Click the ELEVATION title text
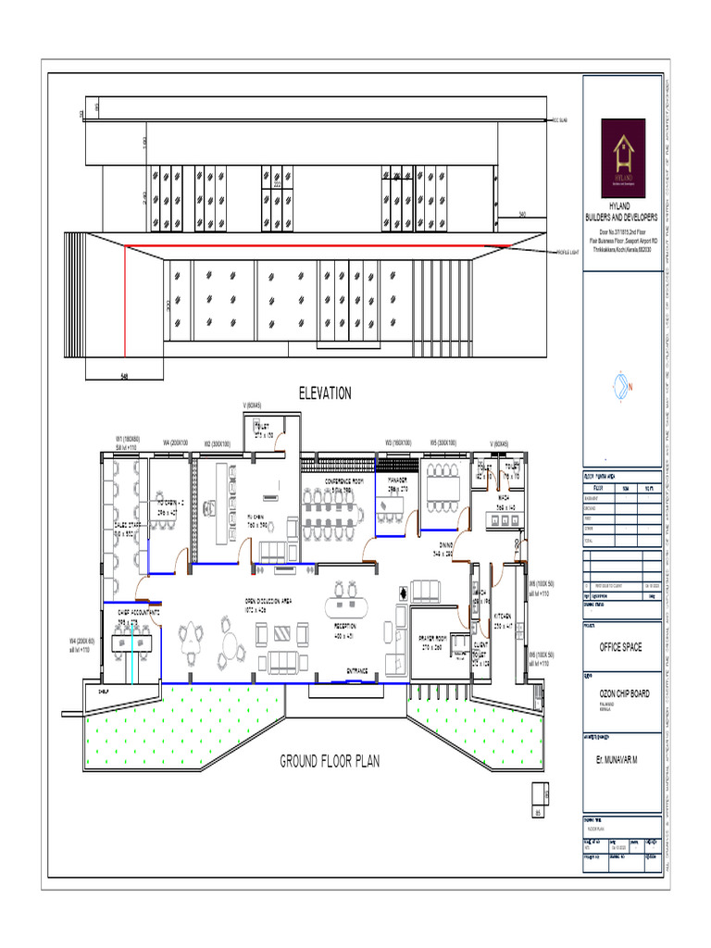click(x=324, y=393)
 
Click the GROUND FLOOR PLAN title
click(x=330, y=761)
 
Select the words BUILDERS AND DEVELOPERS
click(x=621, y=218)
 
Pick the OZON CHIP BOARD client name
click(x=622, y=693)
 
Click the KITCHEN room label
click(x=503, y=616)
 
